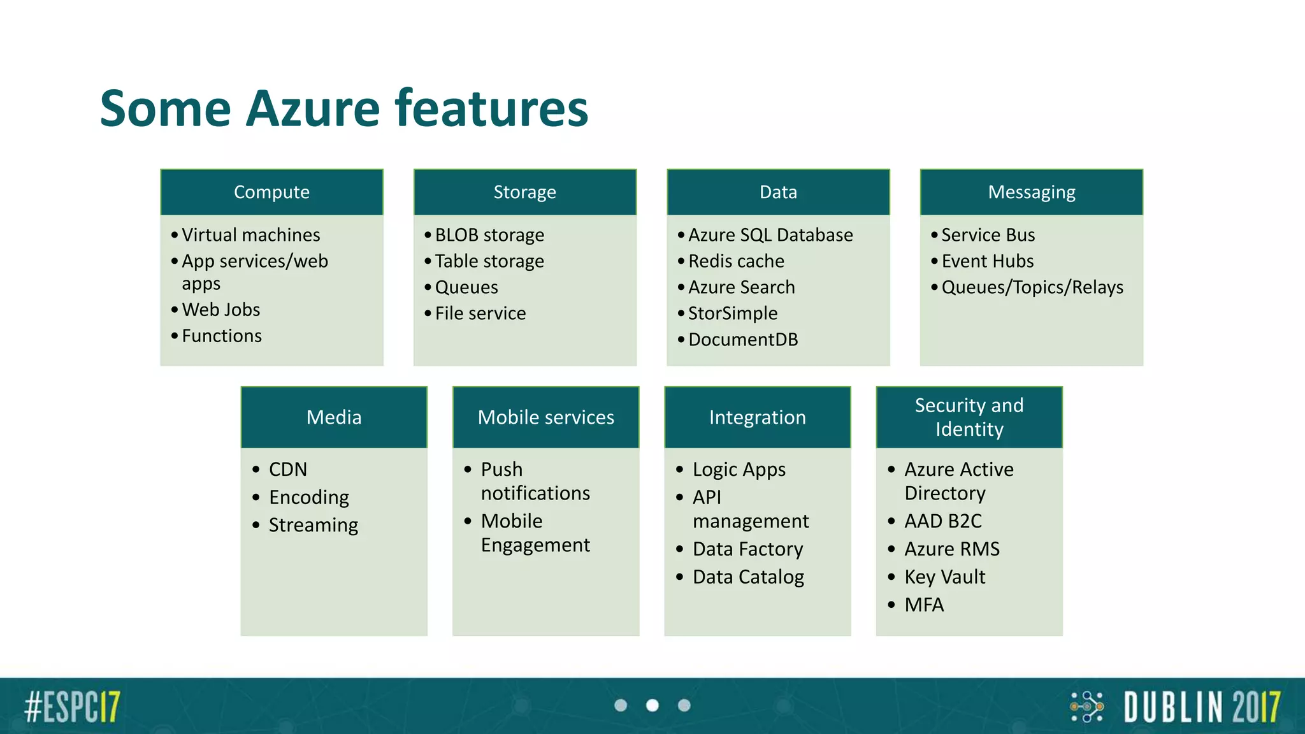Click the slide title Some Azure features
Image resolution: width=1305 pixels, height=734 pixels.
click(x=344, y=108)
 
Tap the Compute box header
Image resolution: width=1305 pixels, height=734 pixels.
click(x=271, y=192)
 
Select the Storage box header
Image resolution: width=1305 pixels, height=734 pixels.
click(x=524, y=192)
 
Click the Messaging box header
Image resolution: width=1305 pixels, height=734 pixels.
click(x=1031, y=192)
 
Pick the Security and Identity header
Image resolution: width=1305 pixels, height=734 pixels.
click(x=969, y=417)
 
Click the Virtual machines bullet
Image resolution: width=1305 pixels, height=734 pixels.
click(x=250, y=234)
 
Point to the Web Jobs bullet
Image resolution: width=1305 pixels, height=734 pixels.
click(x=220, y=310)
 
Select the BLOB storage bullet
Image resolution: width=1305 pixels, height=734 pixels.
click(x=489, y=234)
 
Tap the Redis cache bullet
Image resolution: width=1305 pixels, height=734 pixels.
click(x=735, y=261)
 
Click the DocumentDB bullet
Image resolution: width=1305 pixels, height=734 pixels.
click(x=742, y=339)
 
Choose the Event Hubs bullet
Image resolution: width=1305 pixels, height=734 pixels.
click(x=987, y=261)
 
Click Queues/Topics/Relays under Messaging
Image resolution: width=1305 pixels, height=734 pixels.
click(x=1032, y=287)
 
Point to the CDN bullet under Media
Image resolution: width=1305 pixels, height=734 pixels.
click(x=287, y=469)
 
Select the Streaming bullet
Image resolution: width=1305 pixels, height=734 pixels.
click(x=313, y=525)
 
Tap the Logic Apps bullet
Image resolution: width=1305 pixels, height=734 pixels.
click(x=739, y=469)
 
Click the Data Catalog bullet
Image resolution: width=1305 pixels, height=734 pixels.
click(x=748, y=577)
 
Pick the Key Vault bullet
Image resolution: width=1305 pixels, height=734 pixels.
click(x=944, y=577)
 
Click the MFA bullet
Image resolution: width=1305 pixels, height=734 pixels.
click(x=923, y=604)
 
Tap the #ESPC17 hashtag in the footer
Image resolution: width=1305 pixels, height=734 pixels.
click(x=72, y=706)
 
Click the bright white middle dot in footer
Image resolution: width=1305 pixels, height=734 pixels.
click(x=652, y=705)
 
